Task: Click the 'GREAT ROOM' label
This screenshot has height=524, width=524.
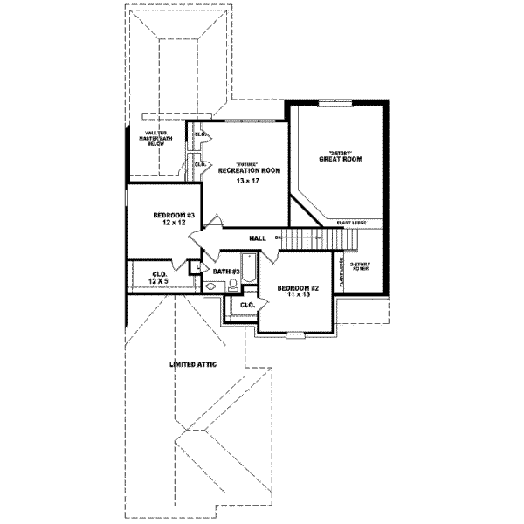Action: [x=340, y=159]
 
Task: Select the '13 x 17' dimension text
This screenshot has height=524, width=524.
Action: [x=248, y=181]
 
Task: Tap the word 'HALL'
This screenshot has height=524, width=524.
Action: [x=257, y=238]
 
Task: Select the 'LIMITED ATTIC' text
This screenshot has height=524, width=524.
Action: [x=193, y=363]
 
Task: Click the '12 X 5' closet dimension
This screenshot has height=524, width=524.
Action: [x=159, y=281]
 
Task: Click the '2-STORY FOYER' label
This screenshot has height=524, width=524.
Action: [x=360, y=266]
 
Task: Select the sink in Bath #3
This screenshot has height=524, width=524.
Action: [x=210, y=286]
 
